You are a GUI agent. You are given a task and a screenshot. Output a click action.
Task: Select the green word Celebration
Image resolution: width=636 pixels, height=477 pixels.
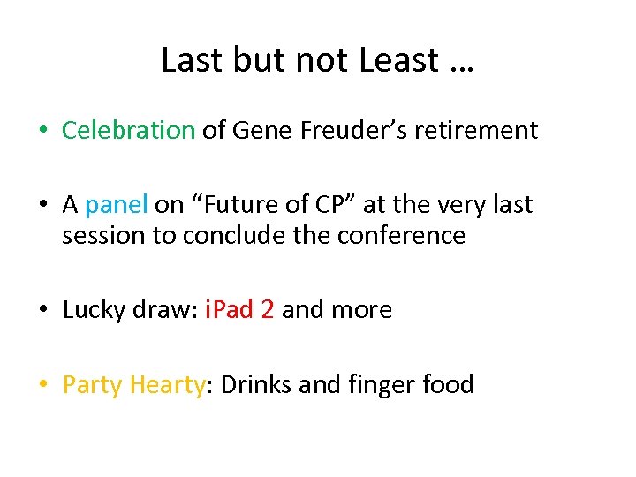[x=128, y=131]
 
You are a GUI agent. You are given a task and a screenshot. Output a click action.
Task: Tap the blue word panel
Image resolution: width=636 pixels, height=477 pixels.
[x=117, y=205]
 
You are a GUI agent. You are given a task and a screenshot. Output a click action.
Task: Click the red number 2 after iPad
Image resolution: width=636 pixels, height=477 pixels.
[x=268, y=310]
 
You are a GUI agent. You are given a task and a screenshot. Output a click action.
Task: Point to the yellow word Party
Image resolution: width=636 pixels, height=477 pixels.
[x=93, y=385]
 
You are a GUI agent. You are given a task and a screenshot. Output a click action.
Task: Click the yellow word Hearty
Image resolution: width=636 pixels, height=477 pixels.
[x=167, y=385]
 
